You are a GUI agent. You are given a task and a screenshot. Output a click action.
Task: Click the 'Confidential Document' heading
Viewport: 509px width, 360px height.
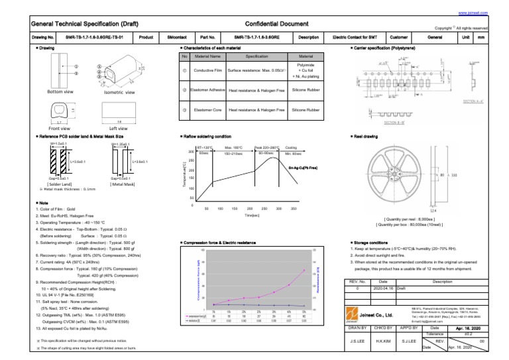[x=254, y=24]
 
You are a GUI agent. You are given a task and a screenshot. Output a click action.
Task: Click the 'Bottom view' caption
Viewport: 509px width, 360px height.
[x=60, y=91]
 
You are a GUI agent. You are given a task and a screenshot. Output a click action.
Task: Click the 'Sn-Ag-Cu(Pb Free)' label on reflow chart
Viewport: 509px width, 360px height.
[x=304, y=169]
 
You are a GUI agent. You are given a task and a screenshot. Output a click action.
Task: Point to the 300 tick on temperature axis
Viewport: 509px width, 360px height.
[x=191, y=152]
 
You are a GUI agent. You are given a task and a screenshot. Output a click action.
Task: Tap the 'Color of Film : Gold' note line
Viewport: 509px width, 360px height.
[x=56, y=209]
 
